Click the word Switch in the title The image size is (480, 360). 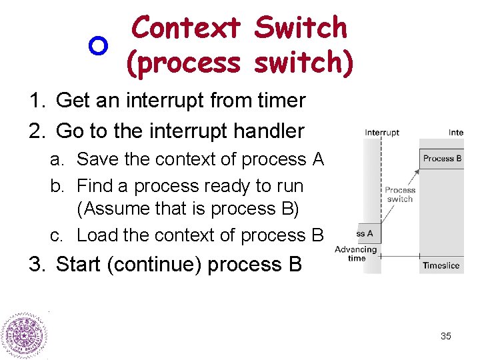301,28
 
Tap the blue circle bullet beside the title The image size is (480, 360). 98,46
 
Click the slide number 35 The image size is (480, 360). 446,336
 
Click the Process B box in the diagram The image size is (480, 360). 442,158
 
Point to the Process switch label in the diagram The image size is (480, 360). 399,194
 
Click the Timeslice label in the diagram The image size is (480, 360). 441,265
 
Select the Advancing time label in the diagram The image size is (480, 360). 356,254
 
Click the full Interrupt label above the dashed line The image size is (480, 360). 382,132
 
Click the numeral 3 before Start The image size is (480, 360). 35,265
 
